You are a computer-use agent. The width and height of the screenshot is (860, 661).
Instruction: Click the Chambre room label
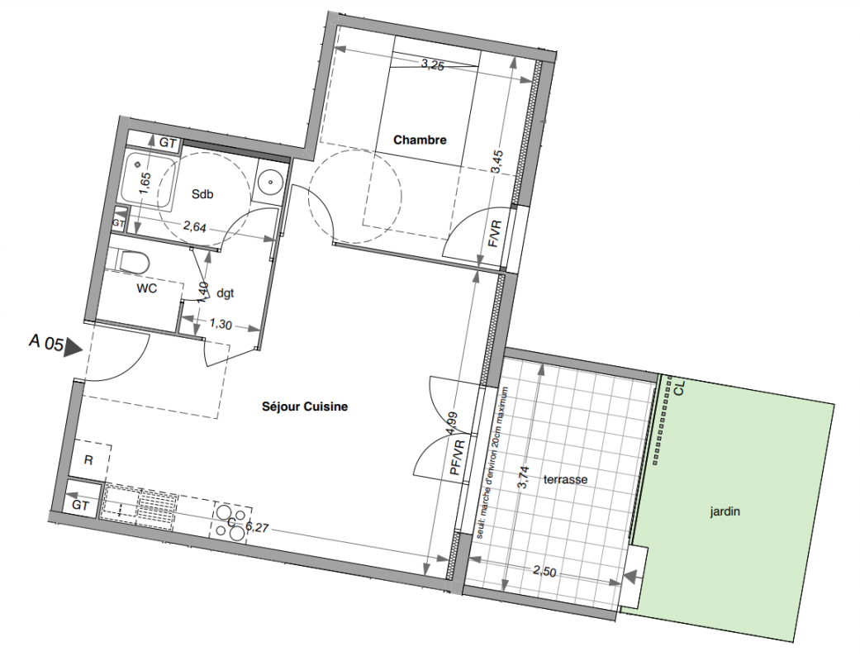point(420,140)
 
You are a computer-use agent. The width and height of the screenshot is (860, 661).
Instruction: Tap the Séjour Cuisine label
point(304,407)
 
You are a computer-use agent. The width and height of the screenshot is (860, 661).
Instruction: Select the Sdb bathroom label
point(202,194)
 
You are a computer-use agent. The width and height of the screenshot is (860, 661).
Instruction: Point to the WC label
point(146,288)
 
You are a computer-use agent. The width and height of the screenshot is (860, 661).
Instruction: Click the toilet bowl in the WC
point(134,262)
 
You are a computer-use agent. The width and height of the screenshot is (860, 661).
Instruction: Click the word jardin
point(725,511)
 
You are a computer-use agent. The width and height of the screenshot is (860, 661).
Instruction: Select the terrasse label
point(565,479)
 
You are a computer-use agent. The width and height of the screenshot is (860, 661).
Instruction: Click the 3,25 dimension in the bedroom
point(433,64)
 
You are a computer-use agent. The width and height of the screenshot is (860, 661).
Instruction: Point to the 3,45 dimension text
point(497,162)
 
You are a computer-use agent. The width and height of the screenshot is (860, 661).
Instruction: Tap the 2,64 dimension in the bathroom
point(194,226)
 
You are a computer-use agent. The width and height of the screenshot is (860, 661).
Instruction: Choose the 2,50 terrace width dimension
point(544,572)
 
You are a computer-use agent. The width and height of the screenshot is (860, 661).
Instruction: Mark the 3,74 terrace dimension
point(524,478)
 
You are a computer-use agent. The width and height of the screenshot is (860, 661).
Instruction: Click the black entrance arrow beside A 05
point(73,348)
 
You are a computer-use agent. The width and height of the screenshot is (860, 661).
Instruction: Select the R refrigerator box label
point(88,460)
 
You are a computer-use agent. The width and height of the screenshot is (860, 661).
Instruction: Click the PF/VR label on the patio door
point(457,458)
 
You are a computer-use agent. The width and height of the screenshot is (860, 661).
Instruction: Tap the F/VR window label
point(495,234)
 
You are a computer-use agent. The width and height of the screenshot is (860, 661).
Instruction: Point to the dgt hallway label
point(226,293)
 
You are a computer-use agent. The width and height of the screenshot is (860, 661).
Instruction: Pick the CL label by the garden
point(680,388)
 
